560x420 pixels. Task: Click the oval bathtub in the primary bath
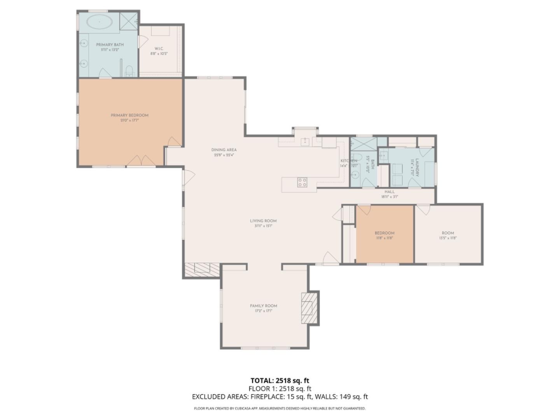point(99,22)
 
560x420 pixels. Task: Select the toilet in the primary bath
point(129,71)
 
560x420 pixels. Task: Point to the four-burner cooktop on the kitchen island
point(302,182)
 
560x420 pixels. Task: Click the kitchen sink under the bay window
point(306,141)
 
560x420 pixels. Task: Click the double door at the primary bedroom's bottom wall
point(142,161)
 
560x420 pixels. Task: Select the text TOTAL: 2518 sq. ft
point(280,380)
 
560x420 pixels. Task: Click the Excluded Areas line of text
point(280,397)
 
